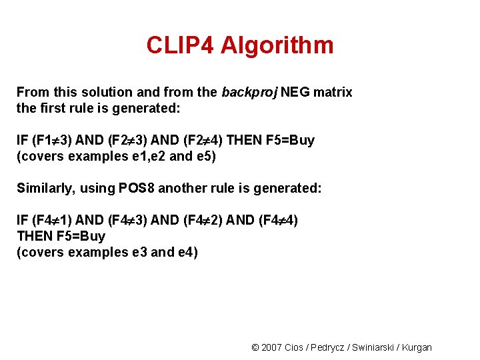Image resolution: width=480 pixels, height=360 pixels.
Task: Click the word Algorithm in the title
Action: pos(277,45)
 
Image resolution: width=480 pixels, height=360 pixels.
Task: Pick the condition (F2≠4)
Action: pos(199,140)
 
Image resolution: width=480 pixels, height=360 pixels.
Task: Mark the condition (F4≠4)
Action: pos(277,220)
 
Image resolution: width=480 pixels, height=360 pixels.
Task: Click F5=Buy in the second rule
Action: pos(81,236)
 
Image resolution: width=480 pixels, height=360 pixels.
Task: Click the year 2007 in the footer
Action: pos(271,347)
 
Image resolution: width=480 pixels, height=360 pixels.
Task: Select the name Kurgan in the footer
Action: pos(418,347)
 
